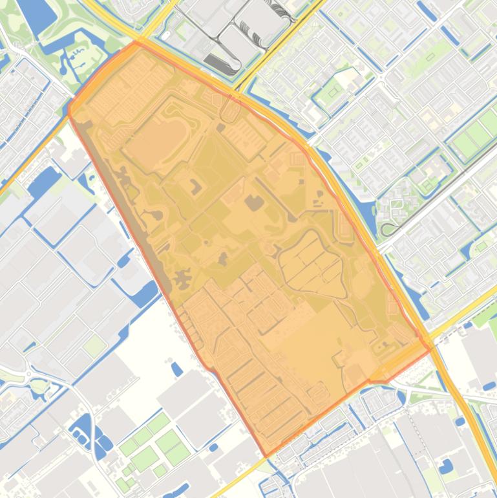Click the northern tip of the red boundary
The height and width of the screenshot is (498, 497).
click(x=137, y=43)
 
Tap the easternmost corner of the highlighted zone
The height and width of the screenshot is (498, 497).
click(x=431, y=349)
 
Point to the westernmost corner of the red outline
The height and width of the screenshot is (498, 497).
click(x=69, y=109)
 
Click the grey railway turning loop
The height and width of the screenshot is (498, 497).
click(x=387, y=228)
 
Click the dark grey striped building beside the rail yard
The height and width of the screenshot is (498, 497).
click(x=215, y=62)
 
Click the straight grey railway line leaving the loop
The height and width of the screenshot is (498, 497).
click(x=439, y=188)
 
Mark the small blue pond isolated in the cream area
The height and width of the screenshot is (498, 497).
click(x=176, y=369)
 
